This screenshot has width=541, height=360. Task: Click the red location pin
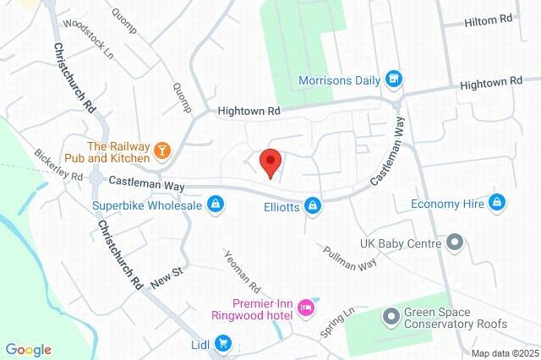click(270, 161)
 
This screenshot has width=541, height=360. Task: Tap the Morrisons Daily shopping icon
click(392, 80)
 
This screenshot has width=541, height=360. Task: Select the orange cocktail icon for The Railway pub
click(162, 151)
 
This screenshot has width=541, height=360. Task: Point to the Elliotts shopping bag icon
click(314, 205)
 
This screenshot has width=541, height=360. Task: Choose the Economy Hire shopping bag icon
click(498, 203)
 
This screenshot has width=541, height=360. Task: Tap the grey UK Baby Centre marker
click(455, 243)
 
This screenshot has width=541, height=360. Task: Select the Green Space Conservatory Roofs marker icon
click(391, 317)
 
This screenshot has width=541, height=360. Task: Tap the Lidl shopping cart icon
click(223, 343)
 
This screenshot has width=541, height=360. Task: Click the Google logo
click(28, 350)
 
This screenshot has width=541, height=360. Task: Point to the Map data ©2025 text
click(505, 353)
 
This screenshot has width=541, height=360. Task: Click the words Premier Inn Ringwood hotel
click(251, 309)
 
